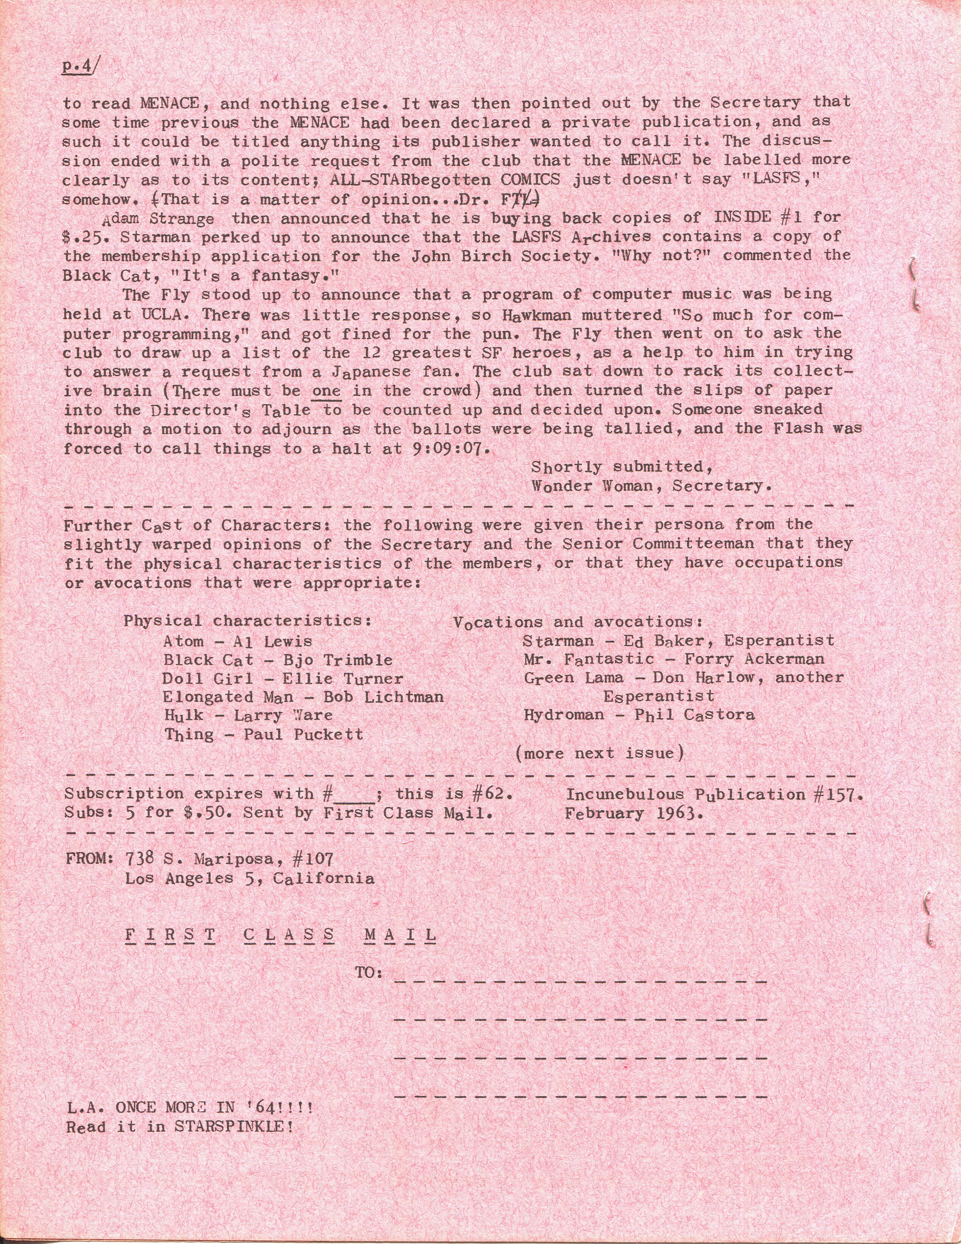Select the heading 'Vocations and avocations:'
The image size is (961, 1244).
tap(578, 622)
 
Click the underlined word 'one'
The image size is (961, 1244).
tap(327, 391)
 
